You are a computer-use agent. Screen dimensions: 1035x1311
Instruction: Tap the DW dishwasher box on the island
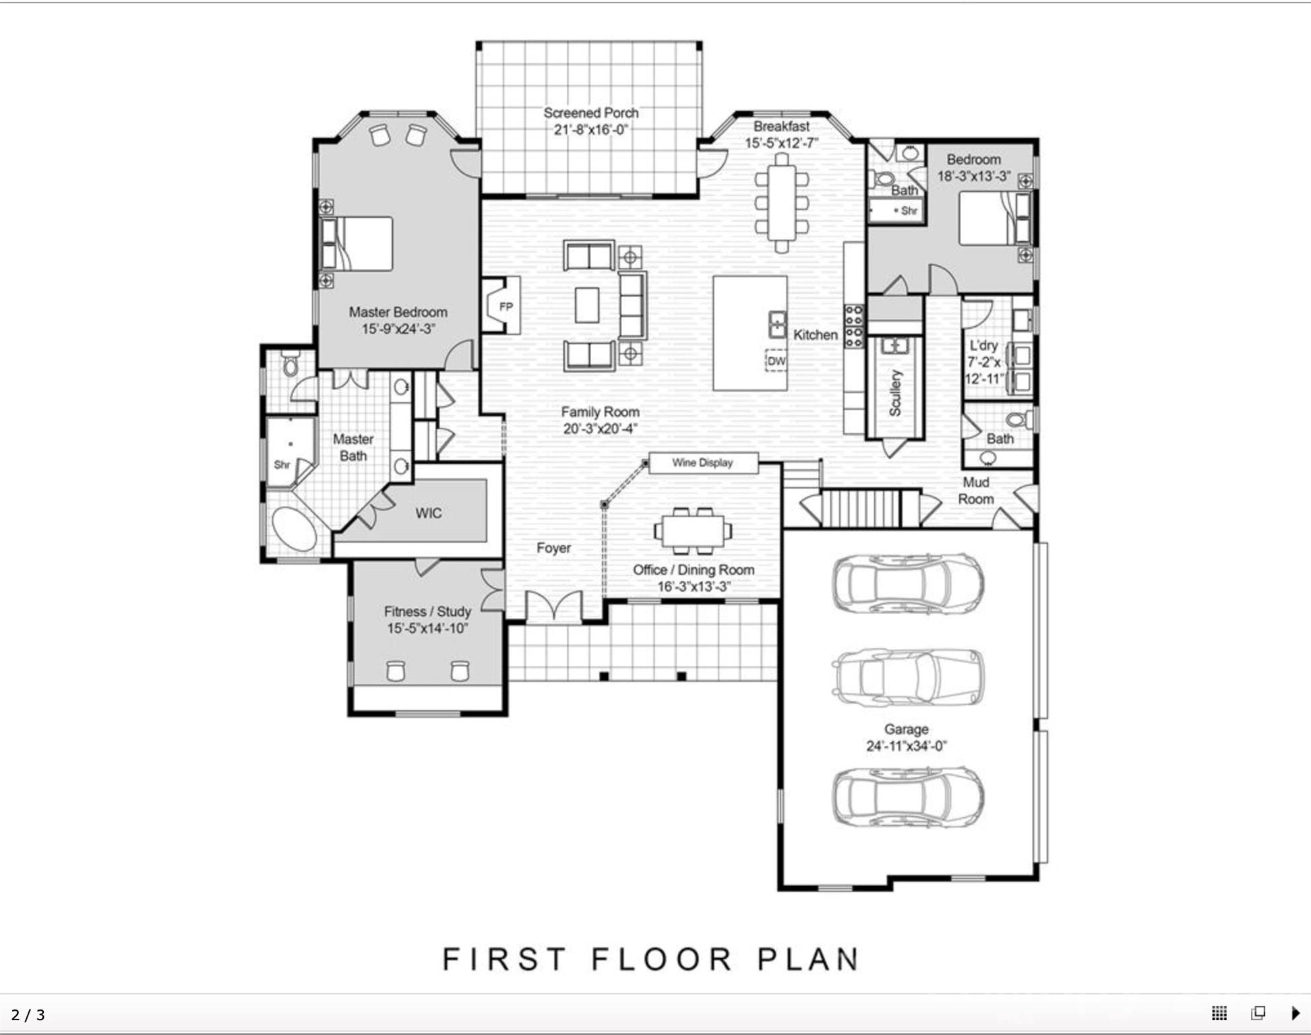tap(776, 361)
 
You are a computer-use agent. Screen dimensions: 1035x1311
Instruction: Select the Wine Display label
tap(702, 463)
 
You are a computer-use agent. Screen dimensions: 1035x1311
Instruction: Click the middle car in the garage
tap(907, 677)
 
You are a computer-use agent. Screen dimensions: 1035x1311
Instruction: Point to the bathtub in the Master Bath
tap(294, 530)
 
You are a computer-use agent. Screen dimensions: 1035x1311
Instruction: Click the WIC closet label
tap(429, 513)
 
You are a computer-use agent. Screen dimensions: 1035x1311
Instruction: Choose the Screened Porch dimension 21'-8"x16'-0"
tap(590, 129)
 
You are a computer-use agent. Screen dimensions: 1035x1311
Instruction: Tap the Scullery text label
tap(894, 393)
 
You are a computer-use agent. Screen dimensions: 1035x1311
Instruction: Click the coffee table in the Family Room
tap(586, 305)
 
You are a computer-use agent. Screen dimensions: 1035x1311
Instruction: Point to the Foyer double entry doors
tap(553, 606)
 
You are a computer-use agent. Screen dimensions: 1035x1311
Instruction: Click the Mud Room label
tap(975, 491)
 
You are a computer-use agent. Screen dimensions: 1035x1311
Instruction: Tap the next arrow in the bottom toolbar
tap(1295, 1013)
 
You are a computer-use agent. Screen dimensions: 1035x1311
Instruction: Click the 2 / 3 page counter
tap(28, 1015)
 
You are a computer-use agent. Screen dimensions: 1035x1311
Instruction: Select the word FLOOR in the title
tap(662, 959)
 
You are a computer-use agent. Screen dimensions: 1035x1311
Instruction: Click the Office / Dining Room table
tap(692, 530)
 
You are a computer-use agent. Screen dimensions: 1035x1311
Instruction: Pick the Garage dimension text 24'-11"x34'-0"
tap(906, 746)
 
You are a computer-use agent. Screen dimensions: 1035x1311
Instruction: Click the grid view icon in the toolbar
tap(1219, 1013)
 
